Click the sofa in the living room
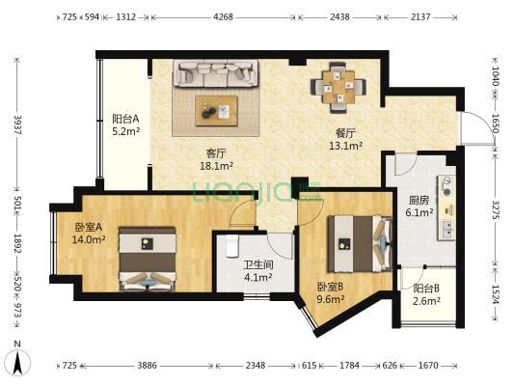[216, 73]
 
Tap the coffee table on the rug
[216, 111]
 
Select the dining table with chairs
[338, 88]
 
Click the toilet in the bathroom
[232, 246]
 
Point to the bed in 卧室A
[148, 259]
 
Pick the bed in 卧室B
[360, 244]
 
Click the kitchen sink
[447, 229]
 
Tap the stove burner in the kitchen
[446, 186]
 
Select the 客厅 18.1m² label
[216, 160]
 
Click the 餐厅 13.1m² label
[345, 139]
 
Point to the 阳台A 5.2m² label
[126, 124]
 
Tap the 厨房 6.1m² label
[419, 207]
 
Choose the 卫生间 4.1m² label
[258, 271]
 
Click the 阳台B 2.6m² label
[426, 294]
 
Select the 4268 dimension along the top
[223, 16]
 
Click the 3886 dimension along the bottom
[147, 365]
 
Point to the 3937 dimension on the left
[17, 124]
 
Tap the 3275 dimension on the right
[496, 210]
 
